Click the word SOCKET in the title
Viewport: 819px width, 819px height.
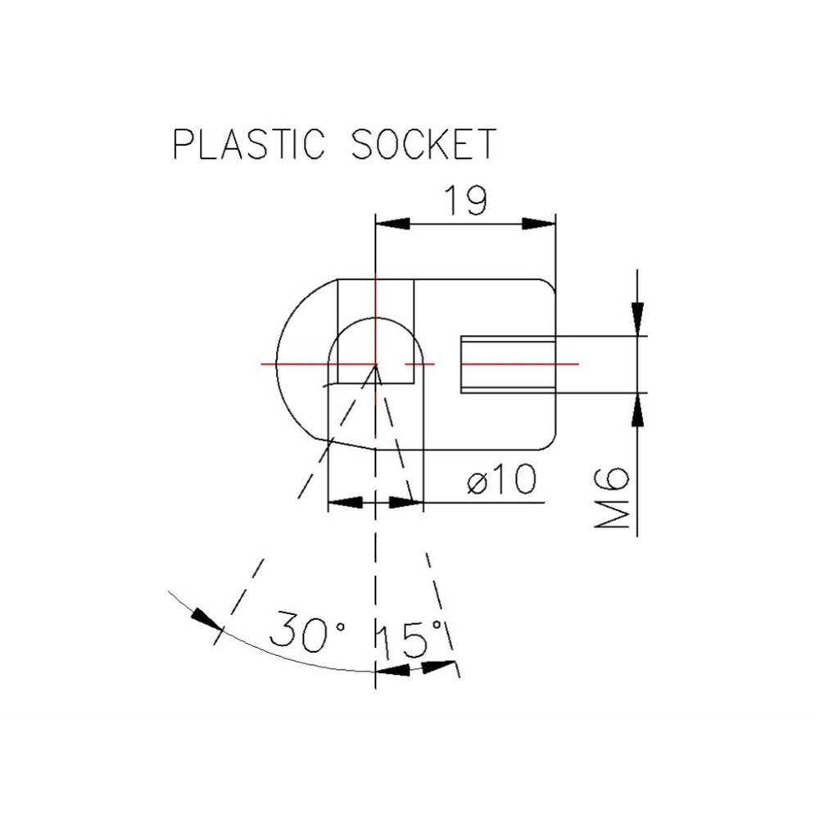click(423, 144)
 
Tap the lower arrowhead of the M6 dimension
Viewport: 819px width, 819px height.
click(637, 409)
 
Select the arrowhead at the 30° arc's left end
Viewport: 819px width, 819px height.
click(202, 616)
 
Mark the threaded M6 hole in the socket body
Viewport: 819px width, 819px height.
click(508, 363)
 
